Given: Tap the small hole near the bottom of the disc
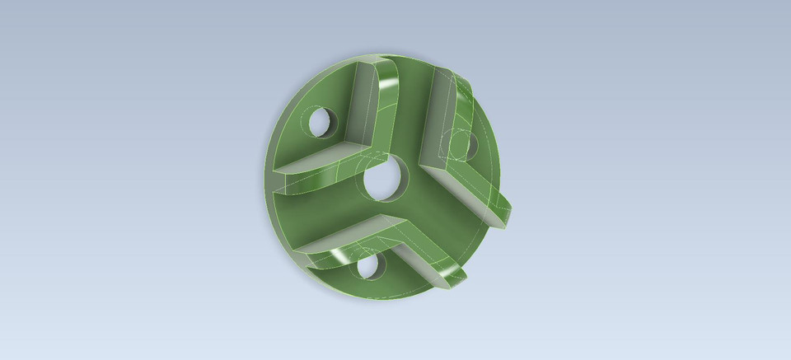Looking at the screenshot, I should point(366,265).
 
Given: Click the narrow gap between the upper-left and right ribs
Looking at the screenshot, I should point(412,115).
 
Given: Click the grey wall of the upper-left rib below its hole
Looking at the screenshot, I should point(317,157).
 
